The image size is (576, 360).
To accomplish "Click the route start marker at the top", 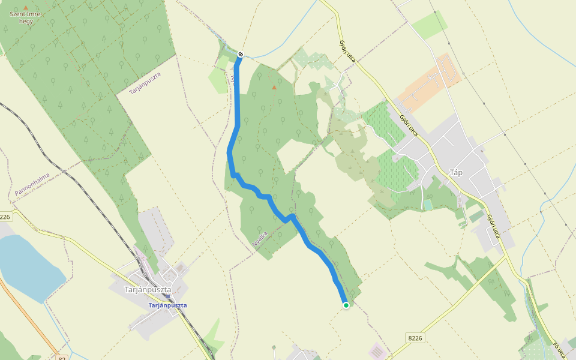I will click(241, 54).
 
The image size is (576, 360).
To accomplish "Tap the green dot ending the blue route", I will click(346, 305).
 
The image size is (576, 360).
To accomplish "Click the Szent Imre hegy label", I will click(25, 17).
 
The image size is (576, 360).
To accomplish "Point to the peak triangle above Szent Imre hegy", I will click(25, 7).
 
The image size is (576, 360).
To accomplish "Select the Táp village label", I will click(456, 173).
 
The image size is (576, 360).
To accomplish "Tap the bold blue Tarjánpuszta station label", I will click(168, 305).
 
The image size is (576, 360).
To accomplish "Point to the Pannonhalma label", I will click(32, 185).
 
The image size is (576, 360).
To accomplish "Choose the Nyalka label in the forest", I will click(260, 239).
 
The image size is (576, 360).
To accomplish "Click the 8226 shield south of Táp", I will click(414, 338).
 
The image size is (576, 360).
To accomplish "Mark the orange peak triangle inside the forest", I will click(274, 88).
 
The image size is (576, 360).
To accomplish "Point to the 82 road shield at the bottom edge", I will click(62, 358).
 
